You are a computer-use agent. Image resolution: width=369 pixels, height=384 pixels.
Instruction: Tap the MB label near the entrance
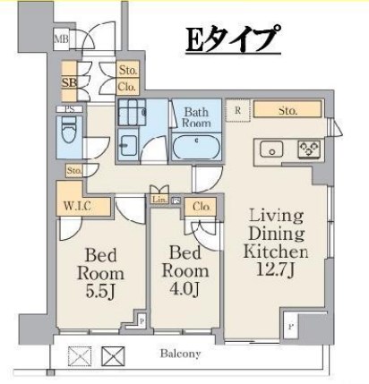pyautogui.click(x=62, y=39)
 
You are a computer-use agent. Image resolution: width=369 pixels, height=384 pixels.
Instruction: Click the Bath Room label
pyautogui.click(x=197, y=118)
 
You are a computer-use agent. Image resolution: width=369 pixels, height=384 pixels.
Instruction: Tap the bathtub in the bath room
pyautogui.click(x=197, y=146)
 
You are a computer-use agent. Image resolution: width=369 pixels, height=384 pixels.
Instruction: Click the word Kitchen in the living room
pyautogui.click(x=277, y=252)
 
